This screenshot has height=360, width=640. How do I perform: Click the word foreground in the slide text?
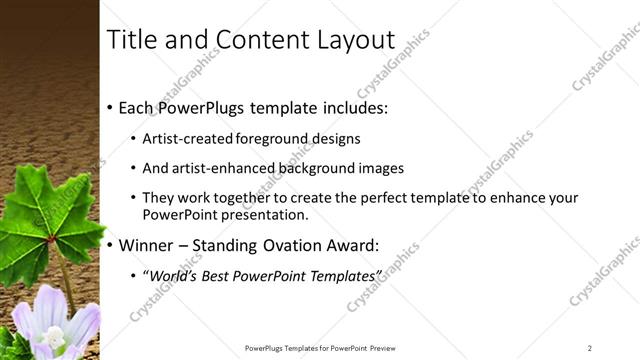[280, 139]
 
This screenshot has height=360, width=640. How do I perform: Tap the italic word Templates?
[343, 274]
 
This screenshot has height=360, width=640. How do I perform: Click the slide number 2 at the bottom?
[590, 348]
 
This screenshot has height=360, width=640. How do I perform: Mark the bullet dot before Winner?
[110, 244]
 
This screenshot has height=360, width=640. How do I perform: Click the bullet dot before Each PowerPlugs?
[110, 108]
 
